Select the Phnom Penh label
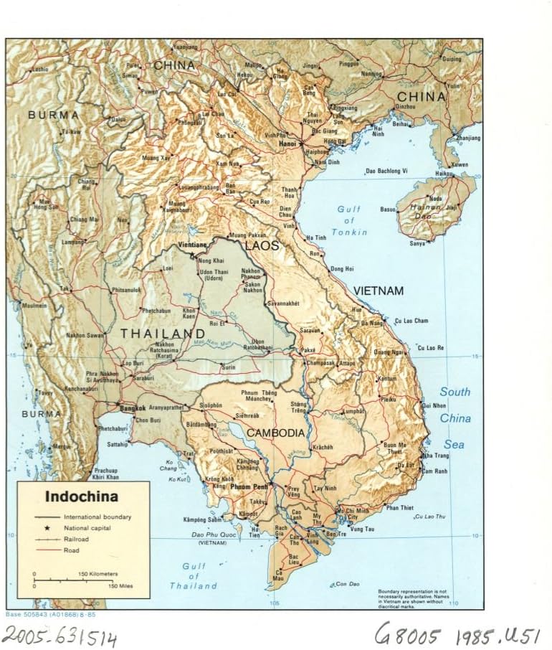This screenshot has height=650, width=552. tap(250, 487)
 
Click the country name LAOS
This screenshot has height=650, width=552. tap(262, 246)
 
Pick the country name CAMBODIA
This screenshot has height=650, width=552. tap(276, 433)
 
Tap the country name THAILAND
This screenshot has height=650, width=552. tap(162, 334)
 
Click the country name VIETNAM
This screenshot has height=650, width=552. tap(378, 291)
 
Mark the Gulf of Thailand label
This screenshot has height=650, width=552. tap(194, 576)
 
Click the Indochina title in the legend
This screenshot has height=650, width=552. tap(82, 496)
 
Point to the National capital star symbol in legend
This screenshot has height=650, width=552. tap(47, 527)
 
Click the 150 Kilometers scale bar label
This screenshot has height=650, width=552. tap(98, 574)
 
